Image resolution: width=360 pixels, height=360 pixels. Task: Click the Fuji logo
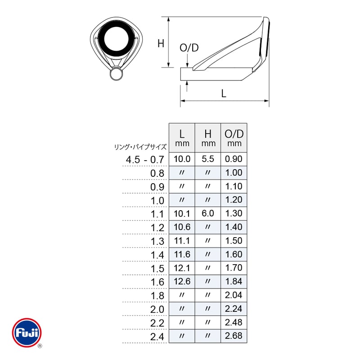pos(27,333)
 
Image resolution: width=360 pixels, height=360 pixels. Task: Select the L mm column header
pos(182,138)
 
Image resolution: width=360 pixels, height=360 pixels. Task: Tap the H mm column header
pos(208,138)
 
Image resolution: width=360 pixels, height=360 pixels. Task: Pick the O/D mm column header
pos(234,138)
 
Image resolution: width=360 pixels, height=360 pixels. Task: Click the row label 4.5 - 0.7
pos(145,160)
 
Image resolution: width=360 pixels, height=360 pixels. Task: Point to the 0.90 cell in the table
pos(234,159)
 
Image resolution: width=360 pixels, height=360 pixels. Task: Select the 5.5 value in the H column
pos(208,159)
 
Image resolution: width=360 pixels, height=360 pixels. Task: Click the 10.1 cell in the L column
pos(182,213)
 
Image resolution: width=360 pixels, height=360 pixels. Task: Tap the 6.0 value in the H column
pos(208,213)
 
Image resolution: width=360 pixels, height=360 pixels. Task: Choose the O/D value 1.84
pos(234,282)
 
